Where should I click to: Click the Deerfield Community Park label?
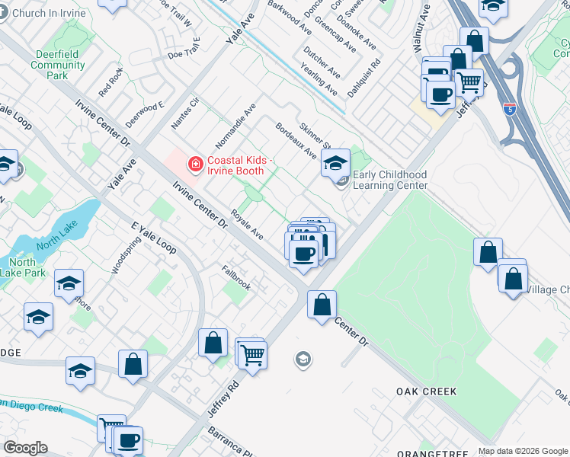pyautogui.click(x=58, y=65)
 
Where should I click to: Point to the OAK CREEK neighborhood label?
pyautogui.click(x=426, y=391)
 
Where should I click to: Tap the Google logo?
pyautogui.click(x=25, y=448)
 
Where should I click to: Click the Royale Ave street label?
pyautogui.click(x=247, y=225)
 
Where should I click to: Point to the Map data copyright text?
pyautogui.click(x=522, y=451)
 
